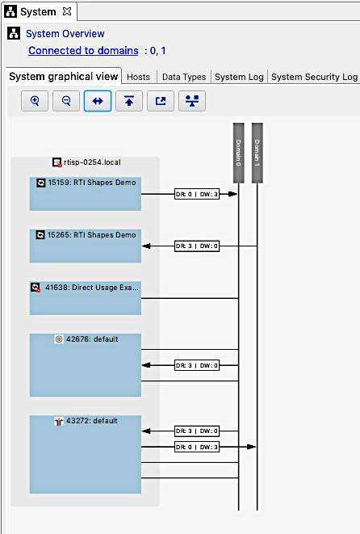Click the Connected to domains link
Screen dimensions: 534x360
click(82, 50)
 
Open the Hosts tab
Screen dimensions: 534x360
click(138, 77)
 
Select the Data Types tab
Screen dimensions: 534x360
click(183, 77)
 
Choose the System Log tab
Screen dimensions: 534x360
click(239, 77)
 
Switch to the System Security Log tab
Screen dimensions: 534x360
click(314, 77)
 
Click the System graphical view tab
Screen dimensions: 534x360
click(63, 77)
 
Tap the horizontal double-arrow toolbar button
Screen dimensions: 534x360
click(98, 101)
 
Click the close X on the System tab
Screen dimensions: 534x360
click(67, 11)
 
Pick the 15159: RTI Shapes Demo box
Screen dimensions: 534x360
click(86, 194)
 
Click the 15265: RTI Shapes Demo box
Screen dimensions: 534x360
click(86, 246)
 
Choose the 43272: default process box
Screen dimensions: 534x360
click(86, 454)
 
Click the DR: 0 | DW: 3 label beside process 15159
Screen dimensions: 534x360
click(197, 194)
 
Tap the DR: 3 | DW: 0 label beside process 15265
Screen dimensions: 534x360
click(197, 246)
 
